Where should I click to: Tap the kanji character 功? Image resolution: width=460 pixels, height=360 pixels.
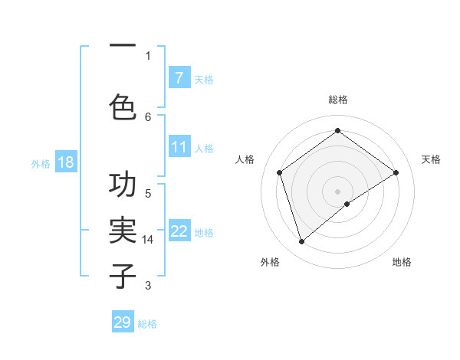click(x=123, y=186)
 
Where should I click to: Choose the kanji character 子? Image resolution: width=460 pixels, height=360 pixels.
click(x=123, y=274)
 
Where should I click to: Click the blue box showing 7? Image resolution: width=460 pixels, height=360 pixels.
click(x=179, y=78)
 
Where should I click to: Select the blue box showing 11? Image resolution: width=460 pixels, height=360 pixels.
click(x=179, y=147)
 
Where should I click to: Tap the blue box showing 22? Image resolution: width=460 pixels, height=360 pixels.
click(x=179, y=231)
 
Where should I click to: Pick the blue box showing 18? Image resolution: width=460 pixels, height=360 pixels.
click(x=65, y=162)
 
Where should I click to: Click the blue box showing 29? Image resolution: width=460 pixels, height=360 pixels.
click(x=123, y=322)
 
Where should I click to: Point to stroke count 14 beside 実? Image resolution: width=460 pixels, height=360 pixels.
click(x=148, y=240)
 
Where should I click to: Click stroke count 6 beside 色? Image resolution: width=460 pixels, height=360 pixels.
click(x=148, y=116)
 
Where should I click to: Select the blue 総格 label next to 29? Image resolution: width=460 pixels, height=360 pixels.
click(x=147, y=324)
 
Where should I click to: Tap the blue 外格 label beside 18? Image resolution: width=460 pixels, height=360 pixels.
click(x=41, y=163)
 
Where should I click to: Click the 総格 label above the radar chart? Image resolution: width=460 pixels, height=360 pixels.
click(x=337, y=100)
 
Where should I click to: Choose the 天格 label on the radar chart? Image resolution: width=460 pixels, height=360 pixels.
click(x=431, y=159)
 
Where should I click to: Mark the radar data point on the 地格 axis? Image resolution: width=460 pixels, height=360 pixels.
click(x=348, y=204)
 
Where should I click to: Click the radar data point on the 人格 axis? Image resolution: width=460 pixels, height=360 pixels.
click(x=280, y=172)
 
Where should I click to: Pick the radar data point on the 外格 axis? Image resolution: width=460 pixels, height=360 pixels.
click(x=302, y=242)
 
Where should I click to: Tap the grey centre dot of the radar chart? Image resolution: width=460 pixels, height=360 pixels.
click(x=337, y=190)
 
